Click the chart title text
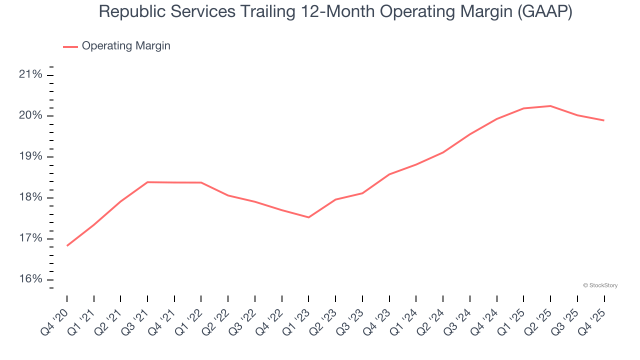click(335, 11)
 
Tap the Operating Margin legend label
click(126, 46)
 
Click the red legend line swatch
click(70, 46)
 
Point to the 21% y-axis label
click(30, 75)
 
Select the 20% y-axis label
click(30, 116)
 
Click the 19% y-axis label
click(30, 156)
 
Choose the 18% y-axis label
click(30, 197)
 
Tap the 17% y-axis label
click(30, 238)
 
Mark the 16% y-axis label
click(30, 279)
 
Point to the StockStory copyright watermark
click(600, 285)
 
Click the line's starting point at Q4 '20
click(67, 245)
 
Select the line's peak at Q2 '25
click(550, 106)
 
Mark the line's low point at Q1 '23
click(308, 217)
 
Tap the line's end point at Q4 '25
click(604, 120)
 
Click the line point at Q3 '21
click(147, 182)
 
